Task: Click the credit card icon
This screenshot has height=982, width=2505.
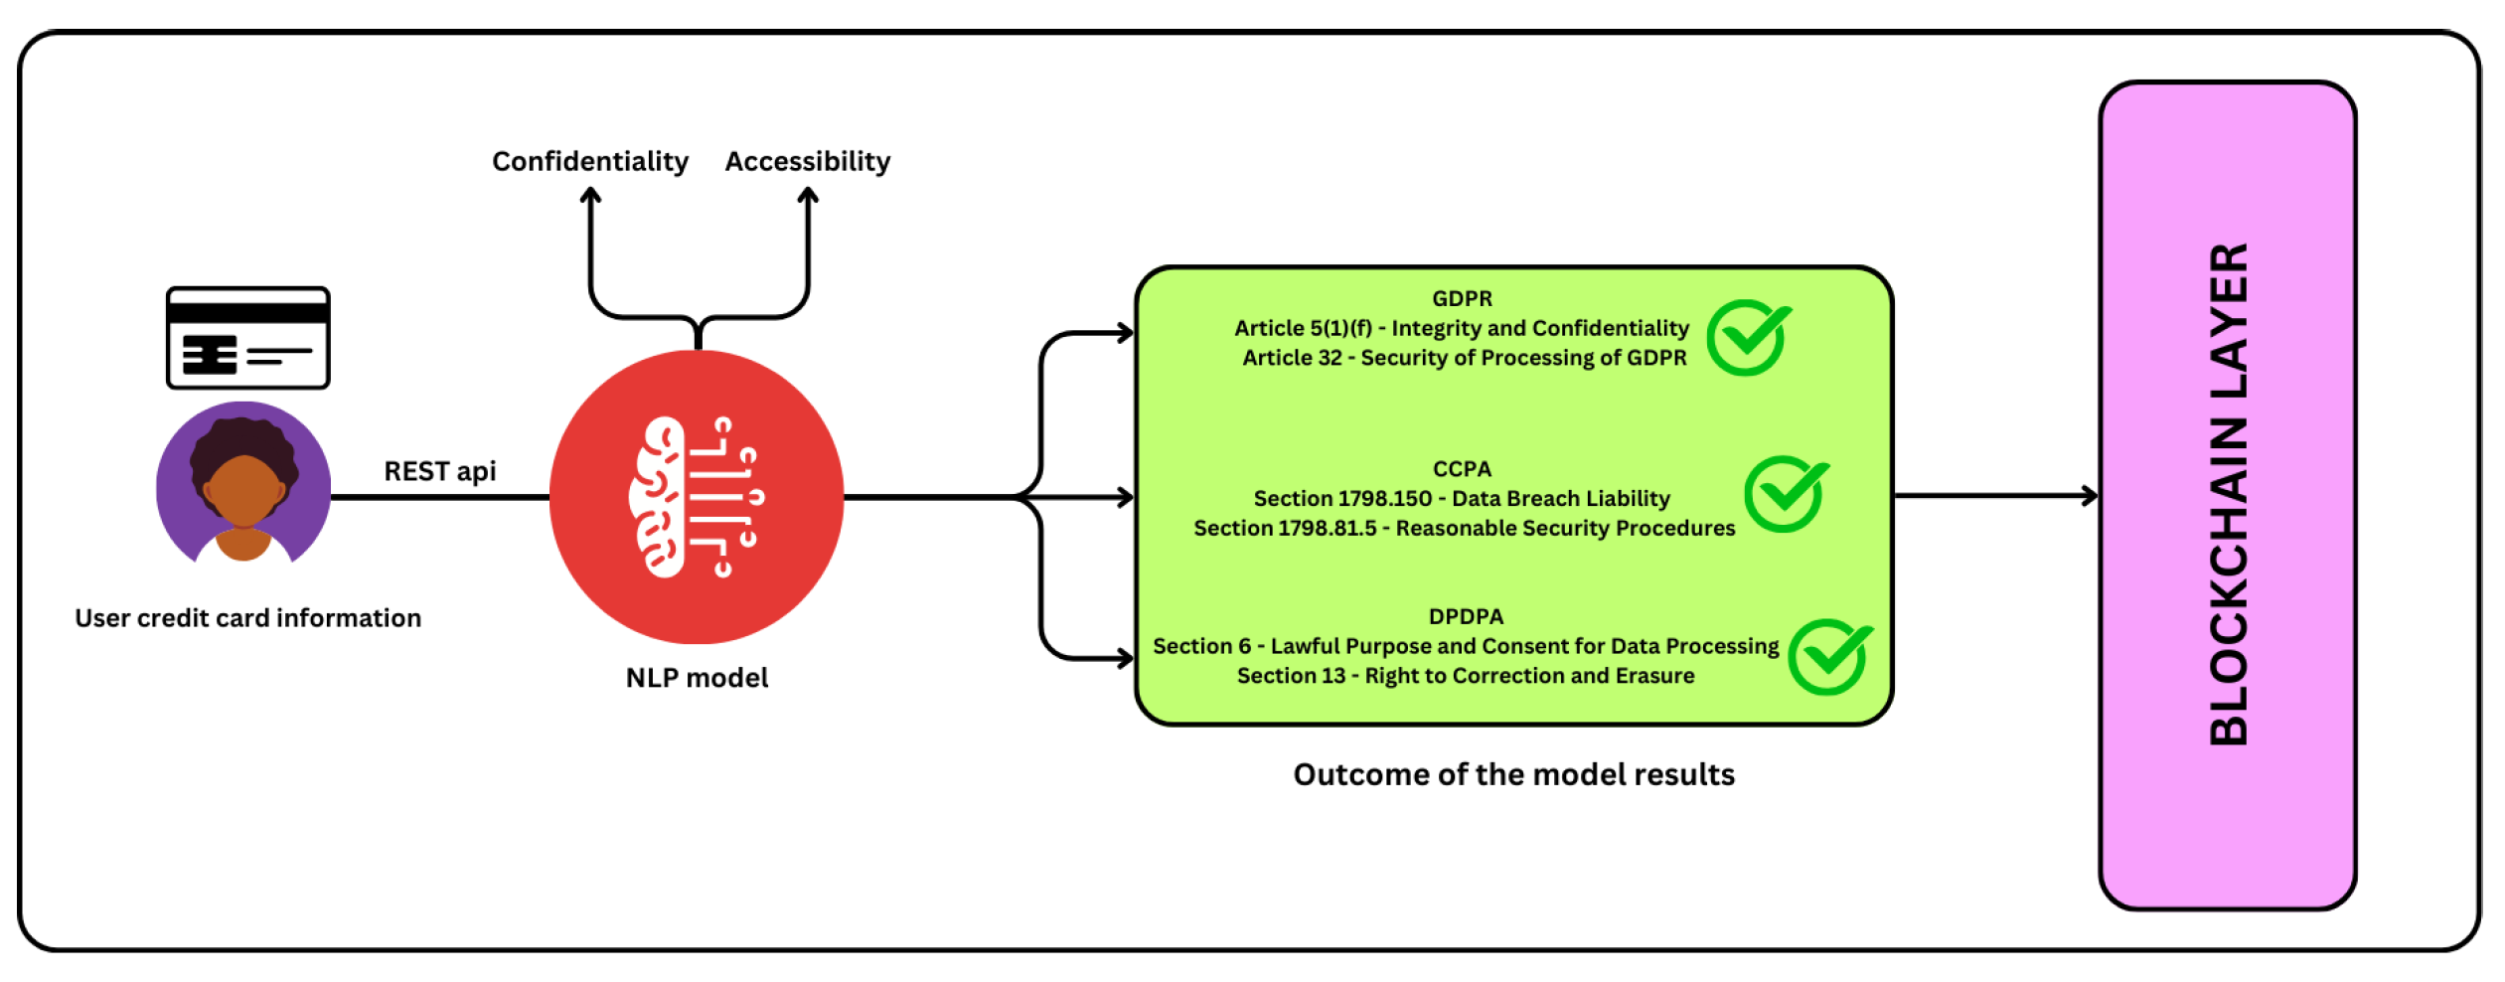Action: click(x=247, y=338)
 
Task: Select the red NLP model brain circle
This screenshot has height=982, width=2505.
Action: click(x=697, y=496)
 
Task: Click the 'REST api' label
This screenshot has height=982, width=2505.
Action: click(x=440, y=471)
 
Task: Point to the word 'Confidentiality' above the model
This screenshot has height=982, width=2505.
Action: click(x=590, y=161)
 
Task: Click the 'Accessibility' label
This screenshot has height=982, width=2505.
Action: click(x=808, y=161)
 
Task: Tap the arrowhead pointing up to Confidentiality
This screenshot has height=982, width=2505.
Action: click(x=591, y=195)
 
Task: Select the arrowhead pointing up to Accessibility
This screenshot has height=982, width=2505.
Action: click(x=809, y=195)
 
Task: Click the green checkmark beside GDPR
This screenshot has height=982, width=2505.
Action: click(x=1748, y=338)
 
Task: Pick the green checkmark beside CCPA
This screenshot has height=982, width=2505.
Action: click(x=1786, y=494)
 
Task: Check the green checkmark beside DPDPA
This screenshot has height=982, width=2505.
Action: click(x=1829, y=657)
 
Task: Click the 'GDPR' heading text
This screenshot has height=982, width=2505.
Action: click(x=1462, y=298)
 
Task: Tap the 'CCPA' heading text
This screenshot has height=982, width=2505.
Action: click(x=1462, y=468)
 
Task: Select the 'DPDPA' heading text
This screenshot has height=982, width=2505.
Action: click(x=1466, y=616)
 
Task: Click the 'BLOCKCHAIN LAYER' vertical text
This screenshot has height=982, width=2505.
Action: click(x=2228, y=494)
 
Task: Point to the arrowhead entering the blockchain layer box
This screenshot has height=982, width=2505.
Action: click(x=2091, y=495)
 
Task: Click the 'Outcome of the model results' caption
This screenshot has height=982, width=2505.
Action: click(x=1513, y=774)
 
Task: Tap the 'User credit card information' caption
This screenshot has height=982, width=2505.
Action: click(x=248, y=618)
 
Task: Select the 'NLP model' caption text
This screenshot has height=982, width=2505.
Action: click(x=697, y=678)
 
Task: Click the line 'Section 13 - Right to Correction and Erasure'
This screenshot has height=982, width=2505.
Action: click(x=1466, y=676)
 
